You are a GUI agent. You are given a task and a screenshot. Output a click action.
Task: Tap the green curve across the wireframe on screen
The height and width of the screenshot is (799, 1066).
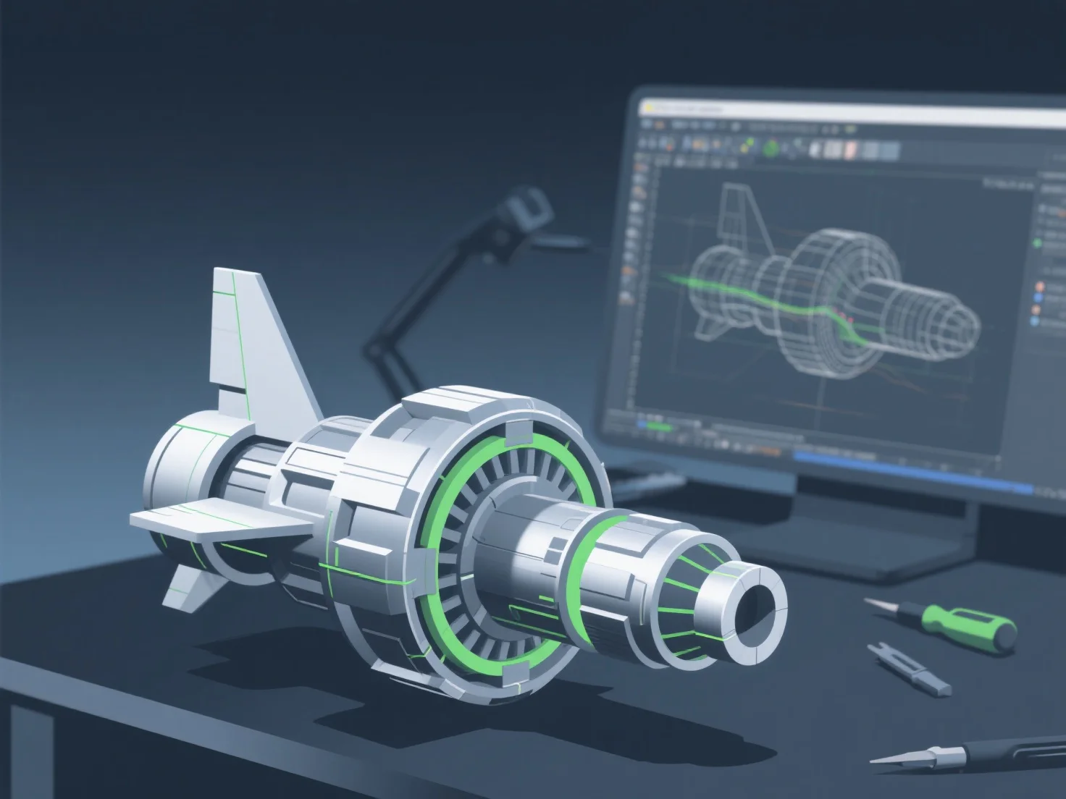coord(768,300)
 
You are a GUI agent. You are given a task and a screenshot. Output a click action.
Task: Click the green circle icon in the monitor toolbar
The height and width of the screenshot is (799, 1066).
coord(771,148)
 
